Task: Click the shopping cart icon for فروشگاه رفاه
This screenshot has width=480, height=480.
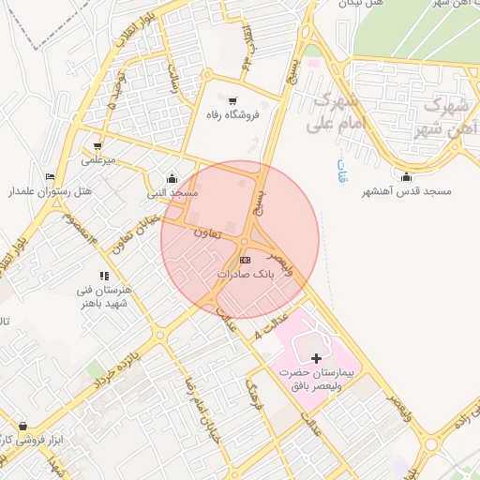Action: [x=232, y=101]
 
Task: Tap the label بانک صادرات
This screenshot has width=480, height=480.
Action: [x=245, y=275]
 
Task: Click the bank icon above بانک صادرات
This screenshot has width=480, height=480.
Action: [x=245, y=260]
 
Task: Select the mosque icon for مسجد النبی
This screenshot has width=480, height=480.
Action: [x=171, y=179]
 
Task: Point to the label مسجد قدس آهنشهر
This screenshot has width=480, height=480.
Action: [x=407, y=191]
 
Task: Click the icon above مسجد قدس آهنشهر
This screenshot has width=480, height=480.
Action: [x=406, y=177]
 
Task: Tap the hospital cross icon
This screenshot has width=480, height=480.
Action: [x=316, y=358]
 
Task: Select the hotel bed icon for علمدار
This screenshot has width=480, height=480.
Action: [x=50, y=176]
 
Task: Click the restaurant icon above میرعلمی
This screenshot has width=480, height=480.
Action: [x=97, y=146]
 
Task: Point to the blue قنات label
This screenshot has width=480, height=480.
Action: [x=338, y=172]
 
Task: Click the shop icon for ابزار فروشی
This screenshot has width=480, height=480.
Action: [x=22, y=426]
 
